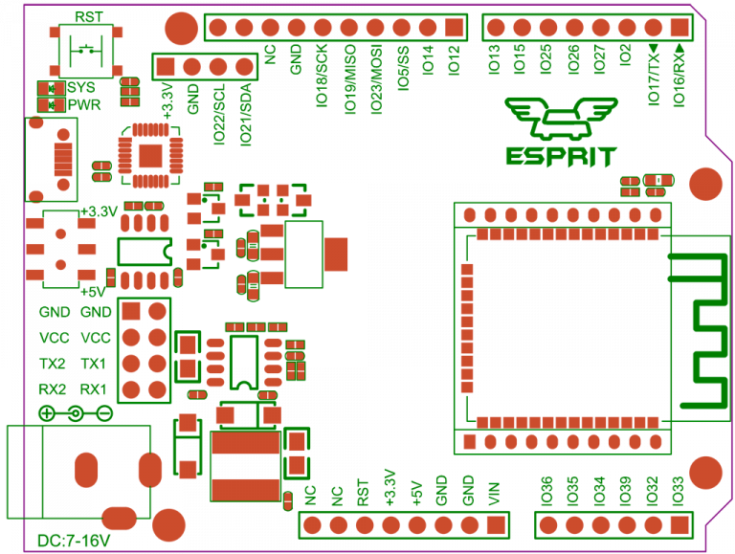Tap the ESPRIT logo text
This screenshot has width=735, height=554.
click(x=561, y=156)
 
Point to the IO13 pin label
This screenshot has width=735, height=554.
click(x=493, y=60)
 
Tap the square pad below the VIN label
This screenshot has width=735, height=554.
click(x=493, y=524)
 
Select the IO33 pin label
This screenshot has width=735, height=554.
click(x=678, y=490)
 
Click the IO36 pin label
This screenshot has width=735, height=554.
click(x=546, y=490)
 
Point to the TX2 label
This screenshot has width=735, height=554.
click(x=53, y=365)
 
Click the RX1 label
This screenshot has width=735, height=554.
click(x=93, y=389)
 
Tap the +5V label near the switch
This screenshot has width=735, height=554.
click(x=97, y=291)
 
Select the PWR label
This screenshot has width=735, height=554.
click(x=84, y=104)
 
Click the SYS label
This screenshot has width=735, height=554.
click(x=81, y=88)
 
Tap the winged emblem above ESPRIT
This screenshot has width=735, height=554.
click(x=561, y=119)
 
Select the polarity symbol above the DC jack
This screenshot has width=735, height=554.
click(x=75, y=413)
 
